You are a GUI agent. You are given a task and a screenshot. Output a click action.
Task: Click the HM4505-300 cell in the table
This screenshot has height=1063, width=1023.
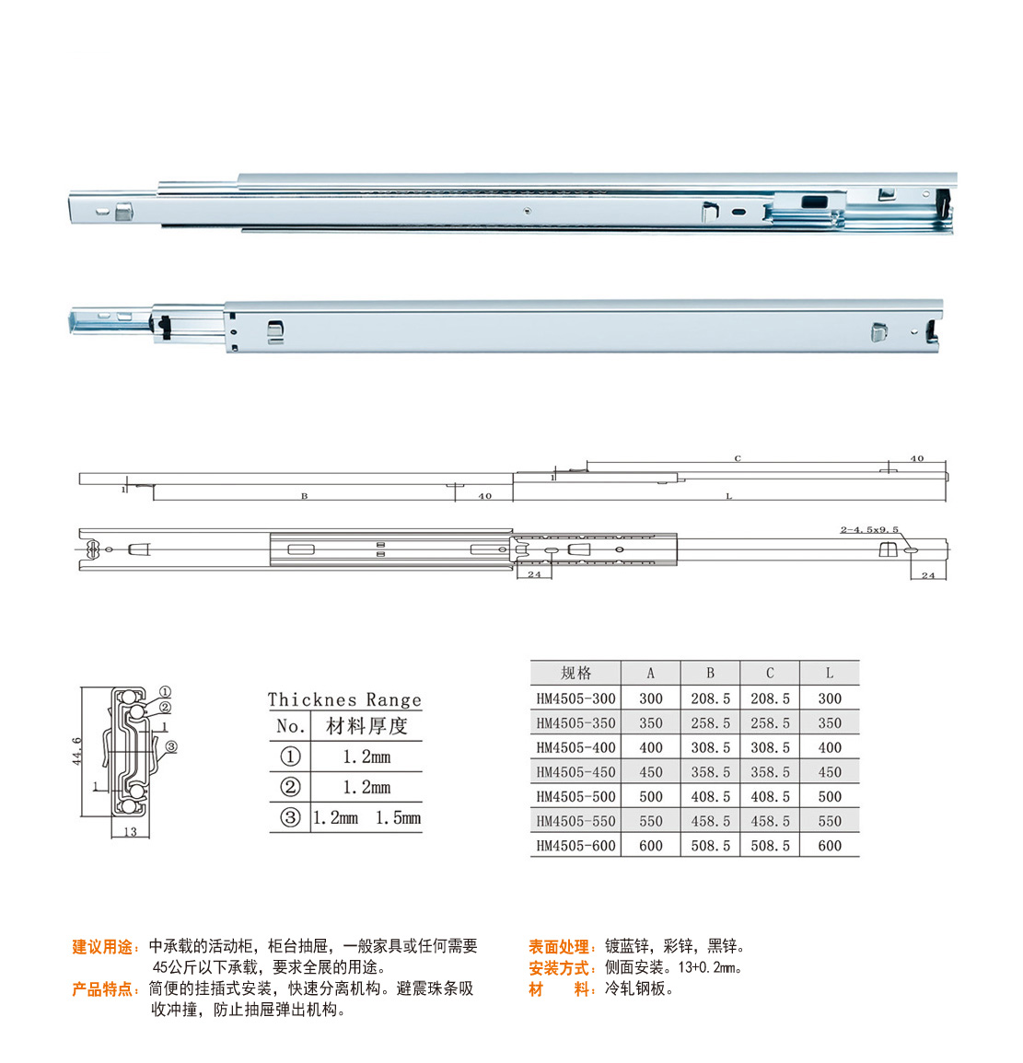(575, 699)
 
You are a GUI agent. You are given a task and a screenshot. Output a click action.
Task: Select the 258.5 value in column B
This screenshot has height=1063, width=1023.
(710, 723)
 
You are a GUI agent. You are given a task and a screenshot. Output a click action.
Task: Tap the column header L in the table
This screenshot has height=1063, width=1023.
(829, 673)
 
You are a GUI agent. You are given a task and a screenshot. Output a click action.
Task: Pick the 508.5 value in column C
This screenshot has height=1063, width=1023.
(770, 846)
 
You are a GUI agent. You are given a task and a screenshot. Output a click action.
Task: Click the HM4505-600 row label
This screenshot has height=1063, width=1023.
(575, 846)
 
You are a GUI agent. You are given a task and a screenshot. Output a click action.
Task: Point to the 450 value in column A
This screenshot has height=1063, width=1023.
(651, 772)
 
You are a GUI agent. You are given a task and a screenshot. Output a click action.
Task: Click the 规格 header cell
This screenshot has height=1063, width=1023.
(575, 673)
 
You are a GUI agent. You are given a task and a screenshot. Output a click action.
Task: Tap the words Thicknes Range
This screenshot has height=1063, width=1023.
(344, 699)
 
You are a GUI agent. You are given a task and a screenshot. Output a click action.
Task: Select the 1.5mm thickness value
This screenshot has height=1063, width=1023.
(398, 818)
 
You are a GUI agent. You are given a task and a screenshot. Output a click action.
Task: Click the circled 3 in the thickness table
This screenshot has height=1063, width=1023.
(290, 817)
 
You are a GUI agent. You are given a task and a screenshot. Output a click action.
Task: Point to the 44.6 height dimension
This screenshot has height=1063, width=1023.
(77, 751)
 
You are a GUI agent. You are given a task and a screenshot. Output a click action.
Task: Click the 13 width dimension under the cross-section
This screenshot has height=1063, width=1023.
(130, 832)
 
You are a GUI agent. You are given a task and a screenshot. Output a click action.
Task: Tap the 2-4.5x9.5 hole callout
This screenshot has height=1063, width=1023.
(869, 529)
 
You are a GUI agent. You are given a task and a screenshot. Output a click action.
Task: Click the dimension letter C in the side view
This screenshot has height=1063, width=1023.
(738, 459)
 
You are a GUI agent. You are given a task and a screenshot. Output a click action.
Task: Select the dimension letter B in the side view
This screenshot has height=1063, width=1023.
(305, 496)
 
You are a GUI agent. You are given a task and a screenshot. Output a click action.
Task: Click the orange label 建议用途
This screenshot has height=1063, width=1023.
(102, 946)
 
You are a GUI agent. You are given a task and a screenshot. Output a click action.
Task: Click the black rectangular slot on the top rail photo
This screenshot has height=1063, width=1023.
(815, 202)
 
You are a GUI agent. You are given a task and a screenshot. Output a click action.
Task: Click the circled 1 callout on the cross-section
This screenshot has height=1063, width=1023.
(165, 692)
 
